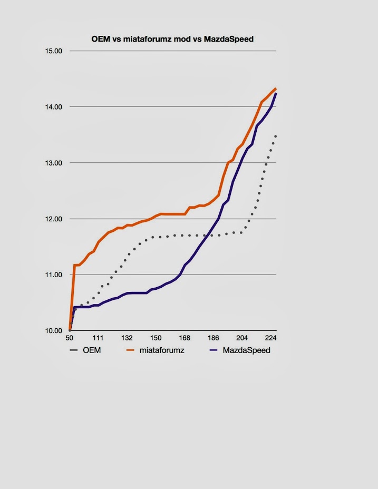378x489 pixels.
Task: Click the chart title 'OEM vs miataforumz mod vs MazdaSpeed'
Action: tap(172, 39)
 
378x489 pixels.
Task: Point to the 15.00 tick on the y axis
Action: tap(55, 51)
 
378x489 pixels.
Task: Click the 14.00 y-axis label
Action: tap(55, 107)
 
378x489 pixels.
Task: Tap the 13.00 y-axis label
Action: tap(55, 163)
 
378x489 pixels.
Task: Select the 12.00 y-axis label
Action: tap(55, 219)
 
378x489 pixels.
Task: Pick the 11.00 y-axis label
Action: tap(55, 275)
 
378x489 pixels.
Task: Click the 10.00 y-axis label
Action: tap(55, 330)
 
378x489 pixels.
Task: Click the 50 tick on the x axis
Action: tap(69, 338)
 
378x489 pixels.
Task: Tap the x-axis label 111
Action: tap(98, 338)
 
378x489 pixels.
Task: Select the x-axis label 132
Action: tap(127, 338)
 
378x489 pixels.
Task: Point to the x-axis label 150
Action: tap(156, 338)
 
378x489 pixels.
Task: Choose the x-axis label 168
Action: tap(185, 338)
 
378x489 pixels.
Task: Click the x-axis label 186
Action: tap(214, 338)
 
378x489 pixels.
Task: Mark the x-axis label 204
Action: tap(242, 338)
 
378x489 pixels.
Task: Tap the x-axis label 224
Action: tap(270, 338)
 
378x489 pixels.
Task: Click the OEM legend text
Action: tap(91, 350)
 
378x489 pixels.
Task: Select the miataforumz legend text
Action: tap(162, 350)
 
